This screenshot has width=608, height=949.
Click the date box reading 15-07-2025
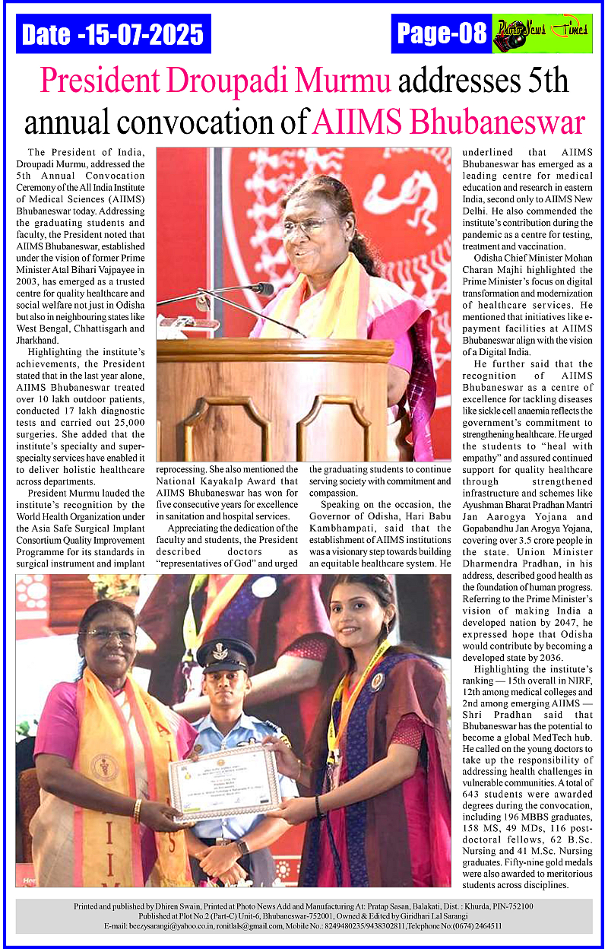coord(113,34)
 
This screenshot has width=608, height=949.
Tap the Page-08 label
coord(442,33)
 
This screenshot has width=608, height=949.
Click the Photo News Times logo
coord(542,33)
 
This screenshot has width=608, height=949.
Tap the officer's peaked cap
coord(226,652)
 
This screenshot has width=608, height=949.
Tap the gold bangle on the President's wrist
coord(138,810)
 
